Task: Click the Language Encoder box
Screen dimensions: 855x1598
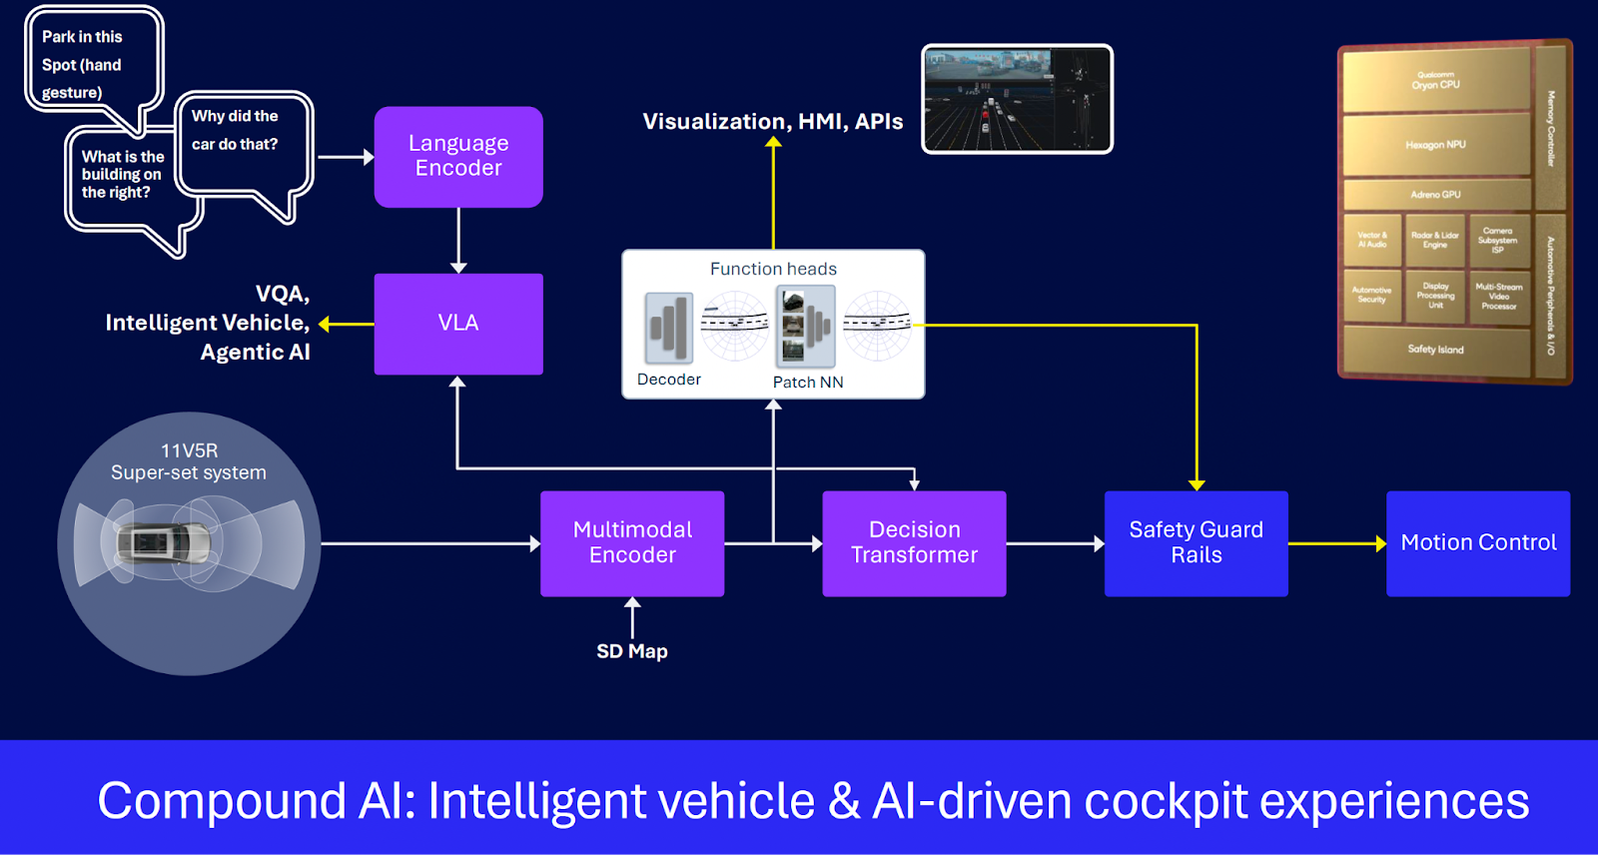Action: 458,157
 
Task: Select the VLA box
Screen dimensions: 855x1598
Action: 458,324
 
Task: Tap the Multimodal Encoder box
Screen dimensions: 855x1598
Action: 632,543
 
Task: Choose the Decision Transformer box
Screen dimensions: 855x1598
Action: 914,543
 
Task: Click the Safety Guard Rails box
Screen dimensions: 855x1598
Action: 1196,543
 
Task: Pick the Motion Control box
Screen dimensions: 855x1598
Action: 1478,543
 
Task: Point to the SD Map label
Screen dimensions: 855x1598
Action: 631,651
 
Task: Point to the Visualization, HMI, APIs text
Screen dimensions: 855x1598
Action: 772,122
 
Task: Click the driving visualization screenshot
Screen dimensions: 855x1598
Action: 1017,99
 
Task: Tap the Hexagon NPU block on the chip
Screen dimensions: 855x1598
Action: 1435,145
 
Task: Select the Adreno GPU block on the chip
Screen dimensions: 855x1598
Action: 1435,194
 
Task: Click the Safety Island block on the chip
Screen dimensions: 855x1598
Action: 1435,350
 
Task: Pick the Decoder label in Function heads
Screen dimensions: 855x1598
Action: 668,380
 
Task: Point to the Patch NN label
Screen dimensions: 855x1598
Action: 808,383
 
